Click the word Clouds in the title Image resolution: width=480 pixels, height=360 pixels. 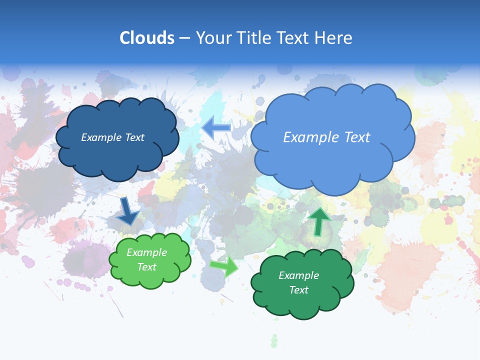[x=147, y=38]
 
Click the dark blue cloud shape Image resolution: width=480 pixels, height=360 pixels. [x=117, y=155]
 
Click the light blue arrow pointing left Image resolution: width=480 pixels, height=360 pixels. [x=216, y=128]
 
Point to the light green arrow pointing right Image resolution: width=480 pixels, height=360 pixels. [x=224, y=266]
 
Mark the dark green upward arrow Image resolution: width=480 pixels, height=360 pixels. [x=319, y=221]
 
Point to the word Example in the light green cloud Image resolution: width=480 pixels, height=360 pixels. [x=146, y=252]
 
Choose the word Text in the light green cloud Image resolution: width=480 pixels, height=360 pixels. [x=146, y=267]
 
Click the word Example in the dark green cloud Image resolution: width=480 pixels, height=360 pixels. [x=298, y=275]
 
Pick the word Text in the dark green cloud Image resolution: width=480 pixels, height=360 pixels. [x=298, y=290]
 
